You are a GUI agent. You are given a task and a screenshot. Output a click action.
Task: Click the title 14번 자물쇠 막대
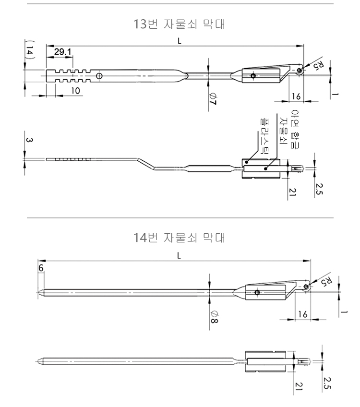(x=180, y=237)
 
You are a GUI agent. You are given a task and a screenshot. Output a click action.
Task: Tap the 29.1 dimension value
(x=61, y=51)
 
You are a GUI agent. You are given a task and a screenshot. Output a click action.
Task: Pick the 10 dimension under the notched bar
(x=76, y=90)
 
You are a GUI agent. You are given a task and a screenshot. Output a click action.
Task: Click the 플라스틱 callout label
(x=264, y=134)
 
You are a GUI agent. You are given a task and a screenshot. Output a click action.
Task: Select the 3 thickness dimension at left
(x=29, y=140)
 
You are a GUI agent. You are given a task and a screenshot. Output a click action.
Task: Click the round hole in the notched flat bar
(x=99, y=76)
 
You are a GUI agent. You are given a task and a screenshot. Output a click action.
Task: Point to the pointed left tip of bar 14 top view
(x=38, y=292)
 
